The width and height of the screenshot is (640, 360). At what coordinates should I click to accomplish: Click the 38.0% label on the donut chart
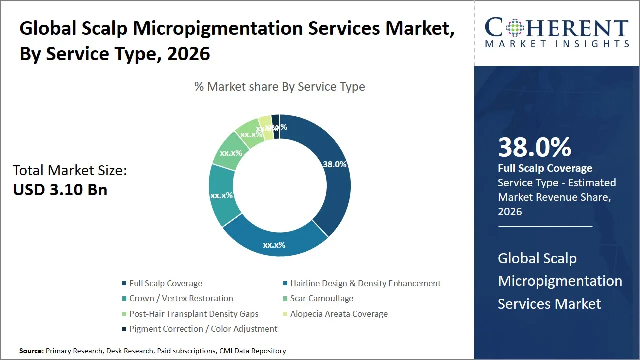point(335,164)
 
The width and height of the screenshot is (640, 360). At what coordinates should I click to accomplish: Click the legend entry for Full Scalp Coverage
point(165,283)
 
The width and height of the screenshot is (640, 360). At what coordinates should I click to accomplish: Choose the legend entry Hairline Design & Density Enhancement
point(365,283)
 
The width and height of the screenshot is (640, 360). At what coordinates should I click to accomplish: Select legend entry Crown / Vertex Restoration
point(181,298)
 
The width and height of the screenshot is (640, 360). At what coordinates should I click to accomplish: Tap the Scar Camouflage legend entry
point(321,298)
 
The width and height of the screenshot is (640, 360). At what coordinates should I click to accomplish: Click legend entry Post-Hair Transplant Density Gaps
point(194,314)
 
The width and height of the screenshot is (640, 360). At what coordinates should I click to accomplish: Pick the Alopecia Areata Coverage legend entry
point(338,314)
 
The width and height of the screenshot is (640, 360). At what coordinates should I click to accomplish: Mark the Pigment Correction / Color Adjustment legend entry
point(203,329)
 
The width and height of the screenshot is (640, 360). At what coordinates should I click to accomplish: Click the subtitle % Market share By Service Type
point(280,87)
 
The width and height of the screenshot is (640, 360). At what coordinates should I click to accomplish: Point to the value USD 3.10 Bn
point(60,190)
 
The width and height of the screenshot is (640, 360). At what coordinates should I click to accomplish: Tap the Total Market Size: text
point(70,171)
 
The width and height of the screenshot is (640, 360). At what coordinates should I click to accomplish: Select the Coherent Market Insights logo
point(557,33)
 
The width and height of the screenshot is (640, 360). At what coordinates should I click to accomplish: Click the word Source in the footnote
point(31,351)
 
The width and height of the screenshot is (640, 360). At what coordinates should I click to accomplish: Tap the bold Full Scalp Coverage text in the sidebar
point(545,168)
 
